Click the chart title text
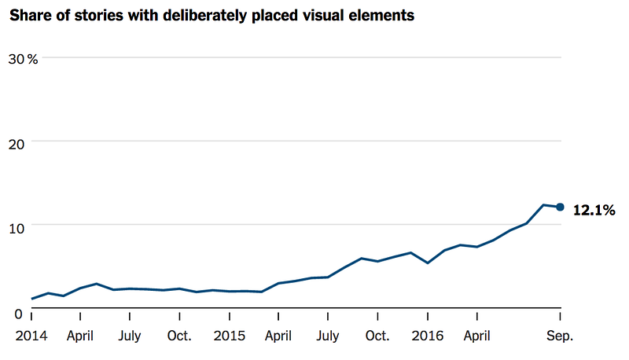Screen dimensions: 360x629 [x=212, y=15]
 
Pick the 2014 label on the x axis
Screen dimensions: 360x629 [x=31, y=336]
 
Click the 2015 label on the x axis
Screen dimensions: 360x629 [x=230, y=336]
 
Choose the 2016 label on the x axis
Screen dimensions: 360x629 [x=427, y=336]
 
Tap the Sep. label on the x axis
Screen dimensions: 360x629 [x=561, y=336]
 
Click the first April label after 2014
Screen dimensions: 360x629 [x=81, y=336]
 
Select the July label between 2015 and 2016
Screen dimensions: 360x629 [x=328, y=336]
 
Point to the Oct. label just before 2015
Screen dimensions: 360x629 [x=180, y=336]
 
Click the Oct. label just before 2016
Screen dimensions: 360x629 [x=377, y=336]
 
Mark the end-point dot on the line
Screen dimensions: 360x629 [x=560, y=207]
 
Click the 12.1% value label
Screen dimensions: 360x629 [x=594, y=210]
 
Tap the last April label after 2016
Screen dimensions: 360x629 [x=476, y=336]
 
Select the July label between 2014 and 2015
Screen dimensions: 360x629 [x=130, y=336]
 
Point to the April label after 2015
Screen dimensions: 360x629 [x=278, y=336]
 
